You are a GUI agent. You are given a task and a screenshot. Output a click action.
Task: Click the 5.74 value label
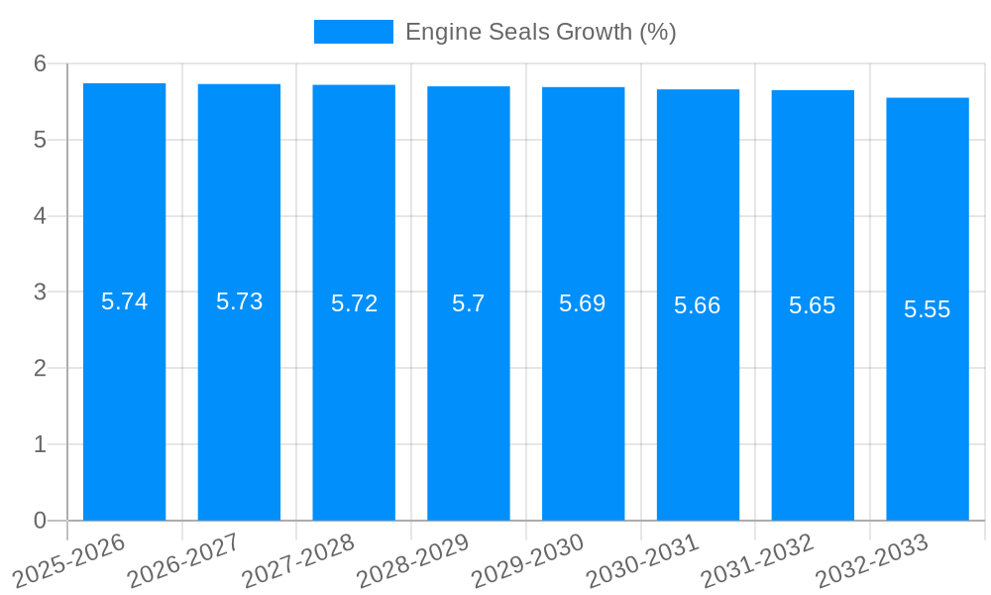pos(124,301)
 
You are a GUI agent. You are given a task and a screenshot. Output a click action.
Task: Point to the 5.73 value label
pos(239,301)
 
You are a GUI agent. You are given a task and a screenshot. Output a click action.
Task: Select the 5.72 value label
pos(354,303)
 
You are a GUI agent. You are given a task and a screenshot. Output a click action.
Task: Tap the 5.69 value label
pos(583,303)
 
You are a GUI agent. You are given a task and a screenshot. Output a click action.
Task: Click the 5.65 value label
pos(813,305)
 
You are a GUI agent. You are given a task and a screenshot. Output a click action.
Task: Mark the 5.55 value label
pos(928,309)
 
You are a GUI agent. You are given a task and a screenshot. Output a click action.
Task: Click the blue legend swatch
pos(353,32)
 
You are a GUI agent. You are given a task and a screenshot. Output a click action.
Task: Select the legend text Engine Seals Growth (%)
pos(541,32)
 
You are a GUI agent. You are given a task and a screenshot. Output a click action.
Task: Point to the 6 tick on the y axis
pos(40,63)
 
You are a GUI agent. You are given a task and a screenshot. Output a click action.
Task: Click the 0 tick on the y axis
pos(40,521)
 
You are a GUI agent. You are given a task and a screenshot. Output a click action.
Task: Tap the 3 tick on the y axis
pos(40,292)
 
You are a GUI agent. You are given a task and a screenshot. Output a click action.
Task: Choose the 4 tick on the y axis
pos(40,216)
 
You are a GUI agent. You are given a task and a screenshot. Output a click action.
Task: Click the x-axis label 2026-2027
pos(183,561)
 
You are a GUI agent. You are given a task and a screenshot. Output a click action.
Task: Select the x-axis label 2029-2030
pos(527,561)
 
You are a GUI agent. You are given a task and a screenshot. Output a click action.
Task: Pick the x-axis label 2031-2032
pos(757,561)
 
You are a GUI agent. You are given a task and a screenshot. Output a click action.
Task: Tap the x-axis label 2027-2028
pos(297,561)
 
